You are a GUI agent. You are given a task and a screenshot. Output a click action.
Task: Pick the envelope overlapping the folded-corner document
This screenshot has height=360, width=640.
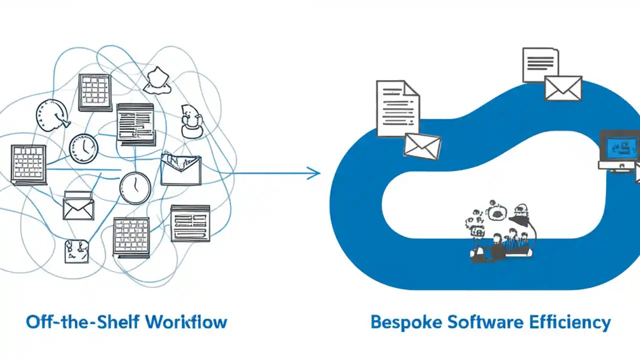coord(422,146)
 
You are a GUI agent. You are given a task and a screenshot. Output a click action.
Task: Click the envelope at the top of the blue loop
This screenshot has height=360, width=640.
coord(563,88)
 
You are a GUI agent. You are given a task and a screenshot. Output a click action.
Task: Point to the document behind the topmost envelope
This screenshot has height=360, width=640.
coord(540,64)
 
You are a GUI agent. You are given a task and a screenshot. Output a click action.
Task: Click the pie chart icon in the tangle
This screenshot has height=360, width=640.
coord(51,114)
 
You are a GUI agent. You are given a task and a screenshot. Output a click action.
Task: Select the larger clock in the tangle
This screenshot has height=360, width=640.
coord(135,188)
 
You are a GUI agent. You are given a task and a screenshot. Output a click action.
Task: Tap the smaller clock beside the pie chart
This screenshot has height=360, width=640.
coord(83,148)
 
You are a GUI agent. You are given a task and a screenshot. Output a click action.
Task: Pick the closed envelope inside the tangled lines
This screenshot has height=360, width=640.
coord(78,205)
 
